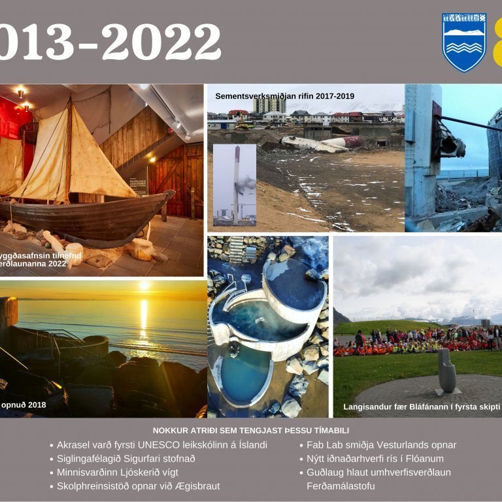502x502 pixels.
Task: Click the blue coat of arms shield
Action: click(463, 41)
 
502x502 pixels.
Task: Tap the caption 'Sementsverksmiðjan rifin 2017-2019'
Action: click(284, 96)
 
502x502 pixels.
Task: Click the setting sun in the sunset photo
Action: click(144, 287)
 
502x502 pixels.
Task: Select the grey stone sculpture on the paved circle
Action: click(447, 371)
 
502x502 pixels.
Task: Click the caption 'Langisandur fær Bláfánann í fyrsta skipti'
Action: click(422, 407)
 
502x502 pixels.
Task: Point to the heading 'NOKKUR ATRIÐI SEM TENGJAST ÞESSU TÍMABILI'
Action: click(250, 430)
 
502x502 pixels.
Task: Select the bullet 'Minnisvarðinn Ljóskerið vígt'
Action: click(118, 473)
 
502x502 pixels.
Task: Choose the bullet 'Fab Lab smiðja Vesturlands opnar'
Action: click(381, 445)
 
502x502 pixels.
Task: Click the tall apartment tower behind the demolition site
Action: click(269, 105)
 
